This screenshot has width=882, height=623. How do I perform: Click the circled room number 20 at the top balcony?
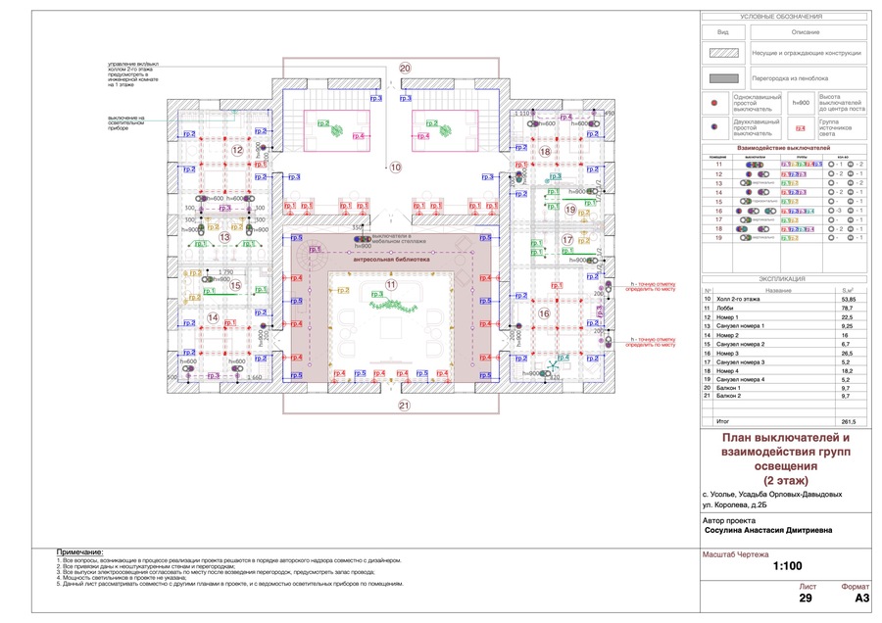tap(405, 67)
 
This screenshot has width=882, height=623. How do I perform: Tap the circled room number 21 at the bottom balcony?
tap(404, 405)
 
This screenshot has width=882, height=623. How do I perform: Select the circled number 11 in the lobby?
tap(390, 284)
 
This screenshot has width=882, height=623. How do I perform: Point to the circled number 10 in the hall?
tap(396, 168)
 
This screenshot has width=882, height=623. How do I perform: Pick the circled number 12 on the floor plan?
tap(237, 150)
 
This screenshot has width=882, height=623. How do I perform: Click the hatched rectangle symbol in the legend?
tap(723, 53)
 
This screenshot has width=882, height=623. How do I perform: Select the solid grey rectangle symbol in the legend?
tap(723, 77)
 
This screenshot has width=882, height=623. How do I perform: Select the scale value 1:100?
tap(786, 566)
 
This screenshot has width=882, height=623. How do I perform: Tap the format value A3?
tap(861, 597)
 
